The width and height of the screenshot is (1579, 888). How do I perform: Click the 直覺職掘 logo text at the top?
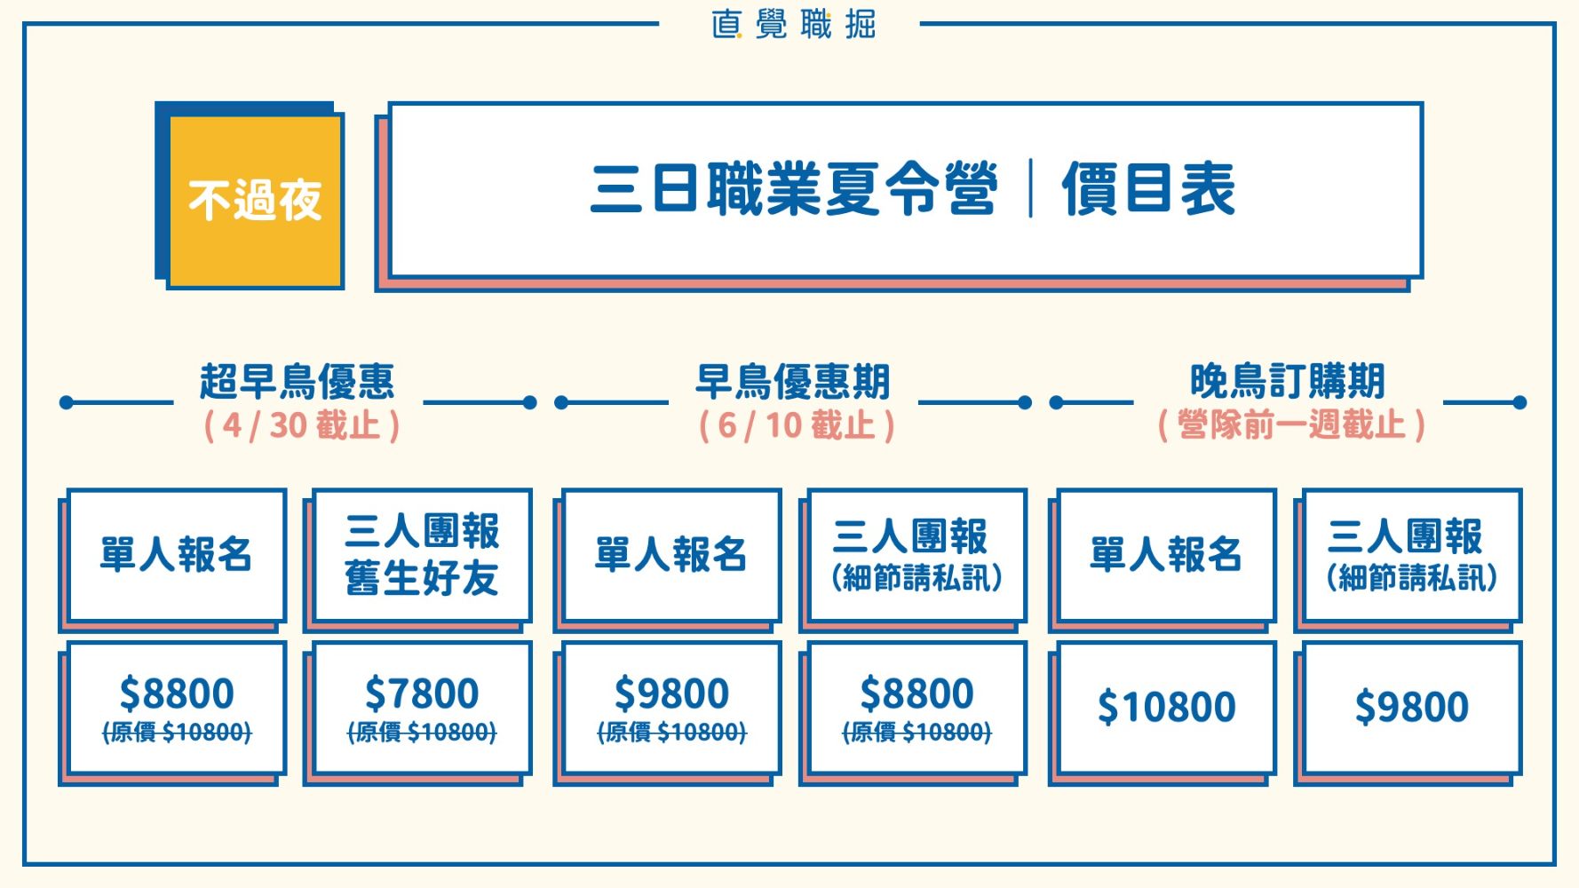point(793,24)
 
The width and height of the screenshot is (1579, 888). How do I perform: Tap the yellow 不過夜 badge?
point(255,200)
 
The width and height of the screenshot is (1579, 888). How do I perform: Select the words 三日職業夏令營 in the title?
point(793,189)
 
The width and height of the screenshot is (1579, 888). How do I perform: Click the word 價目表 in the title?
point(1148,189)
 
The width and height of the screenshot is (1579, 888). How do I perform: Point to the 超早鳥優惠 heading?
point(297,382)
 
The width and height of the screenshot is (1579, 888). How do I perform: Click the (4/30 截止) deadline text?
point(301,425)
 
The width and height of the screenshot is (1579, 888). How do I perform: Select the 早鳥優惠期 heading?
point(792,382)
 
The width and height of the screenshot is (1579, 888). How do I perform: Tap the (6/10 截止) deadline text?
point(796,425)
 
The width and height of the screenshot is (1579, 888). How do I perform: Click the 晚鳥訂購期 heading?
point(1288,382)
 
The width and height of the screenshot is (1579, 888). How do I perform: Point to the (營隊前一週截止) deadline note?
point(1291,425)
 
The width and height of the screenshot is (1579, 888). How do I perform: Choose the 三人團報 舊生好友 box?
point(422,555)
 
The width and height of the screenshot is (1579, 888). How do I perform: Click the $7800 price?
point(422,694)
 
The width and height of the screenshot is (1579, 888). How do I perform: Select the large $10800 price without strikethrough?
point(1166,708)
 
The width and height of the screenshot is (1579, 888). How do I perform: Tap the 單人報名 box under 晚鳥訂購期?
point(1166,555)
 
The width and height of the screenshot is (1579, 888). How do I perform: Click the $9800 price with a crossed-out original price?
point(671,694)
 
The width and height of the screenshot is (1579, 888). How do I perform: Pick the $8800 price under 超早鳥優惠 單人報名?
point(177,694)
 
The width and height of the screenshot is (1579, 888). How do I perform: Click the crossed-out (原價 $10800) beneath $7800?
point(422,733)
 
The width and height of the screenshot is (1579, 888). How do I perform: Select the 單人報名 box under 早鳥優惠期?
point(671,555)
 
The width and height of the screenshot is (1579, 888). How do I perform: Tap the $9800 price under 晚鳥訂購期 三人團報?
point(1411,708)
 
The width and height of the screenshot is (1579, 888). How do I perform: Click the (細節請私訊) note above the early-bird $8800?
point(916,579)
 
